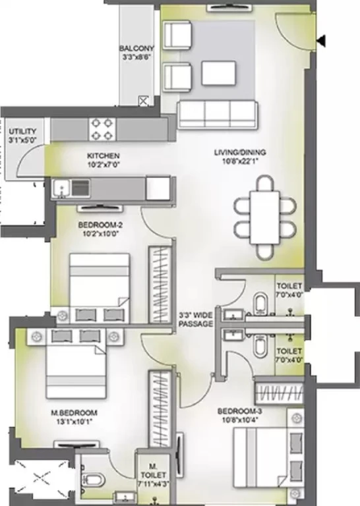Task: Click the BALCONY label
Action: (x=136, y=48)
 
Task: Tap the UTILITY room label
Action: (x=22, y=132)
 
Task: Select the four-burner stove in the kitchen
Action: (x=102, y=129)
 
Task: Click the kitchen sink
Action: (x=61, y=188)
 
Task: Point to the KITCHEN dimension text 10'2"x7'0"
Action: (x=104, y=165)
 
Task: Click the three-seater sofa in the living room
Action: (x=218, y=115)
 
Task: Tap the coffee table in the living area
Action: (x=219, y=73)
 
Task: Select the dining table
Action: (x=265, y=217)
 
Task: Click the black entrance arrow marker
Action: (x=321, y=41)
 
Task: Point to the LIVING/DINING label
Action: (x=240, y=152)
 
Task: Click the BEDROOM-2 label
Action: (x=100, y=225)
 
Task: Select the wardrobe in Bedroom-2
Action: (x=160, y=285)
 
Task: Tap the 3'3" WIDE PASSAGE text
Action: (x=196, y=320)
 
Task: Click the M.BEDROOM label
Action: (x=75, y=412)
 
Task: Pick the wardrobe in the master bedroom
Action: (x=160, y=409)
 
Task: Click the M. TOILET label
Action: (x=153, y=471)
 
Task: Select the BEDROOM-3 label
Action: (x=239, y=411)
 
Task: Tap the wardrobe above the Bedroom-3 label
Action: (x=279, y=393)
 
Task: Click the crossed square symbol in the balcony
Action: (x=143, y=101)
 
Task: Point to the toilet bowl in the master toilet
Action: (x=94, y=480)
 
